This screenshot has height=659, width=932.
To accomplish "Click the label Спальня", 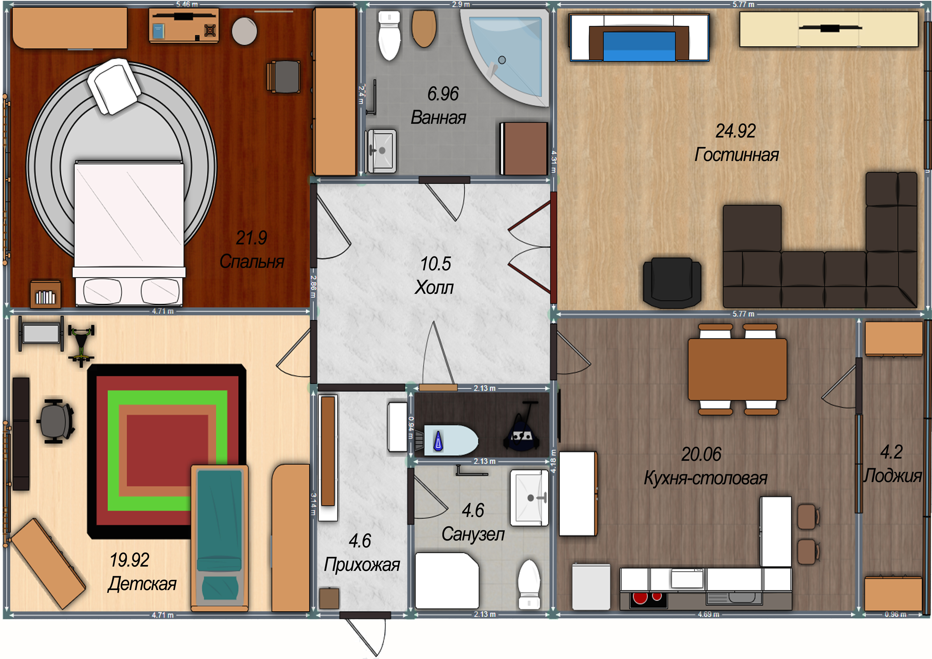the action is [x=252, y=262].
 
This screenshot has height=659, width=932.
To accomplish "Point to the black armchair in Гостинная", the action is [x=672, y=283].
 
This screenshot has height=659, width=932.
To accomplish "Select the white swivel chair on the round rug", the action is [x=114, y=86].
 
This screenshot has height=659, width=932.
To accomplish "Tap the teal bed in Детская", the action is [x=220, y=538].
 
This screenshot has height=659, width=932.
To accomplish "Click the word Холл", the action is [x=434, y=287].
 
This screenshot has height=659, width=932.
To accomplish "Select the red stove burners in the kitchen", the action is [x=648, y=599].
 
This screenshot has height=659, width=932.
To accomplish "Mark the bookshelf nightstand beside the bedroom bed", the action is [x=45, y=294].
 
